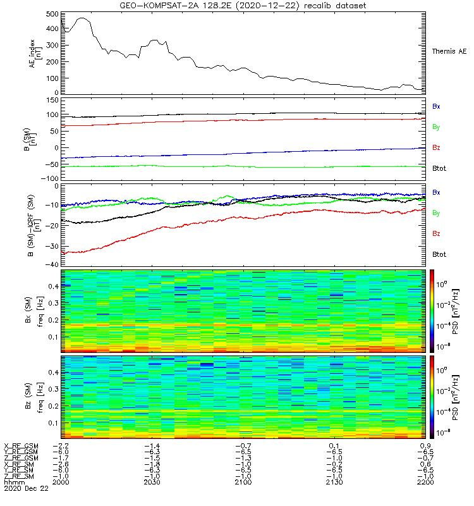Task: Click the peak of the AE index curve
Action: coord(82,18)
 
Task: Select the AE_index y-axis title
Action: coord(33,52)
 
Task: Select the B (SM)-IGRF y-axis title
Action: coord(33,225)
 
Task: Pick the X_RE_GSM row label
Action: coord(21,445)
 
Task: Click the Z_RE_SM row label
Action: coord(20,476)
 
